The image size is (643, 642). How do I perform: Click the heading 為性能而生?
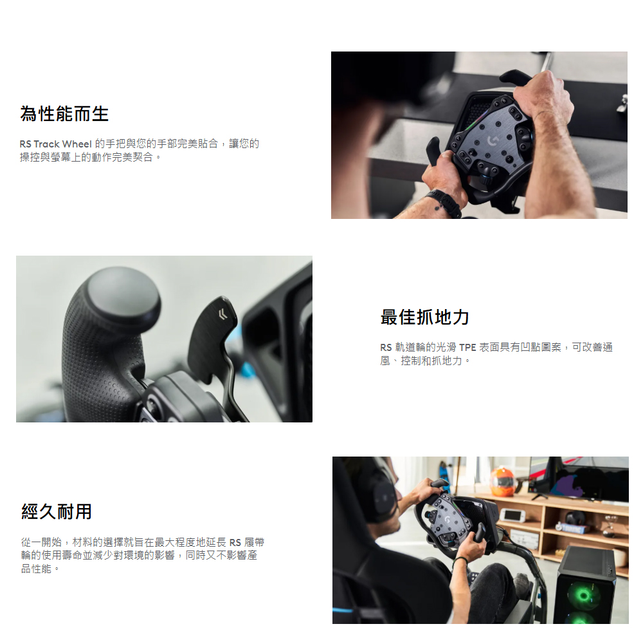coord(64,114)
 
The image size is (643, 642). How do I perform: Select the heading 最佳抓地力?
coord(425,317)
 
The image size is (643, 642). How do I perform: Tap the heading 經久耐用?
coord(57,512)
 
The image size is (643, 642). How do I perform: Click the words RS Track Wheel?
coord(55,144)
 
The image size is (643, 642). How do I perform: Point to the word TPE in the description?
coord(467,348)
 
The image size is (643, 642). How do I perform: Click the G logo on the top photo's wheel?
coord(493,141)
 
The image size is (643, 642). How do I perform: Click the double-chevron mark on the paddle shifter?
coord(222,314)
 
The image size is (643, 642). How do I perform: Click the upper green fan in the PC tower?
coord(584,594)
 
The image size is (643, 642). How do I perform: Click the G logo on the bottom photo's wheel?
coord(448,520)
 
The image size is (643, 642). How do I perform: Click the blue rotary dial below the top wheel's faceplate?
coord(485,179)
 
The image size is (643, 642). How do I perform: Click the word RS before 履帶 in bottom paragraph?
coord(235,543)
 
